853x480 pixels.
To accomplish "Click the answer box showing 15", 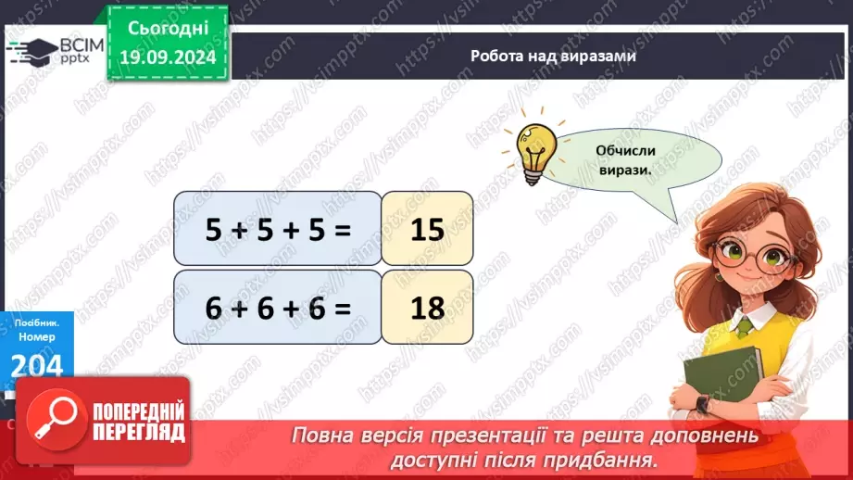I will point(427,229).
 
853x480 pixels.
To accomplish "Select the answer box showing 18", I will point(427,307).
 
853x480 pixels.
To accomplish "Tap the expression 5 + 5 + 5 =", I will point(278,229).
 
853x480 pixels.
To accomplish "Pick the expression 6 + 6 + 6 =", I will point(278,307).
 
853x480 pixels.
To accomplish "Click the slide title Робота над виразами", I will point(553,57).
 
